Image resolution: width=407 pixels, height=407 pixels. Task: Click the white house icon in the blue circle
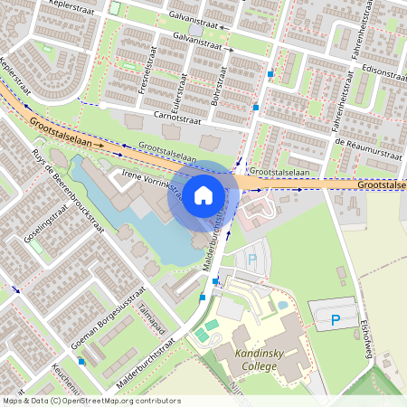[x=203, y=194]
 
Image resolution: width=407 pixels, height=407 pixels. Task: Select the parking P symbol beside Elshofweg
[x=336, y=319]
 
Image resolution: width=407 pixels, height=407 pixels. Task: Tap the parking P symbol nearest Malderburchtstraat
[x=252, y=259]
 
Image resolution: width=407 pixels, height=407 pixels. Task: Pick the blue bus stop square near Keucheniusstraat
[x=82, y=361]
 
